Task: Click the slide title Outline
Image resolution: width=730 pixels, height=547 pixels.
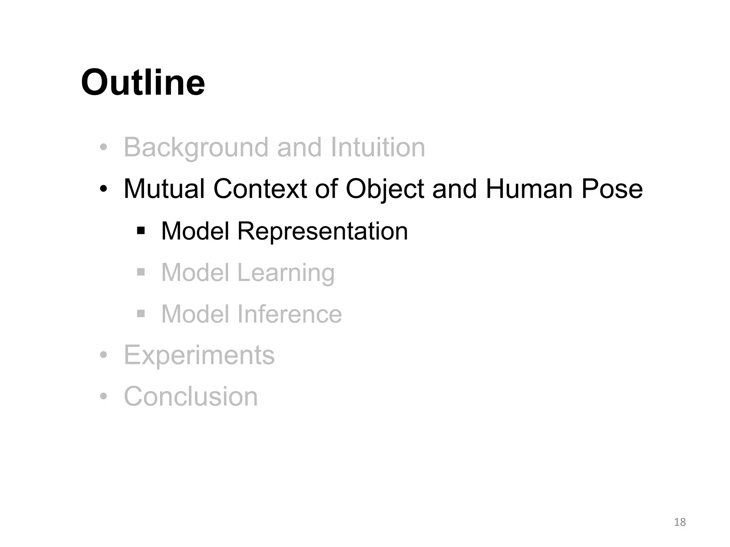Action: pyautogui.click(x=143, y=83)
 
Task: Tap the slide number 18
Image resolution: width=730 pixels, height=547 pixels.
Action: pyautogui.click(x=680, y=522)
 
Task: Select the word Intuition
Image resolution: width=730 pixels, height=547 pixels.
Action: pyautogui.click(x=378, y=147)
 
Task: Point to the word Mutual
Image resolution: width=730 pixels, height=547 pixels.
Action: pyautogui.click(x=164, y=189)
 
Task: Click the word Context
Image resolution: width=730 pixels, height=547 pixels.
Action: pyautogui.click(x=260, y=189)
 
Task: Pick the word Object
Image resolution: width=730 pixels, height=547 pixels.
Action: pyautogui.click(x=385, y=189)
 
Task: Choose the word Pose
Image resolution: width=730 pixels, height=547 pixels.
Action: pyautogui.click(x=612, y=189)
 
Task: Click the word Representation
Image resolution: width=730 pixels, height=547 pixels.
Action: pyautogui.click(x=322, y=231)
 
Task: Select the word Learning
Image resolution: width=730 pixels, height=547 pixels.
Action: pyautogui.click(x=286, y=273)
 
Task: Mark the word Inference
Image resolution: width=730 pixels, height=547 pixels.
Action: pyautogui.click(x=289, y=314)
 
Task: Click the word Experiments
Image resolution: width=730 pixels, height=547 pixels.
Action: pyautogui.click(x=199, y=355)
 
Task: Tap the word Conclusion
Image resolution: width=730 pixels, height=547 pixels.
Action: pyautogui.click(x=191, y=396)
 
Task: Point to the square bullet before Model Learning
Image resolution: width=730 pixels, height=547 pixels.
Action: pyautogui.click(x=141, y=272)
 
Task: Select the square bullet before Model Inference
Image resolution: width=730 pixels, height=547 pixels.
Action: pyautogui.click(x=141, y=314)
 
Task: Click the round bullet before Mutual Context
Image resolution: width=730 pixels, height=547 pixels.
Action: pyautogui.click(x=103, y=189)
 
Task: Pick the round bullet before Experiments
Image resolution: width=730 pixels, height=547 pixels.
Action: pyautogui.click(x=103, y=355)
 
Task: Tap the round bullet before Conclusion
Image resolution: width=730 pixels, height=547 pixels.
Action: pyautogui.click(x=103, y=396)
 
